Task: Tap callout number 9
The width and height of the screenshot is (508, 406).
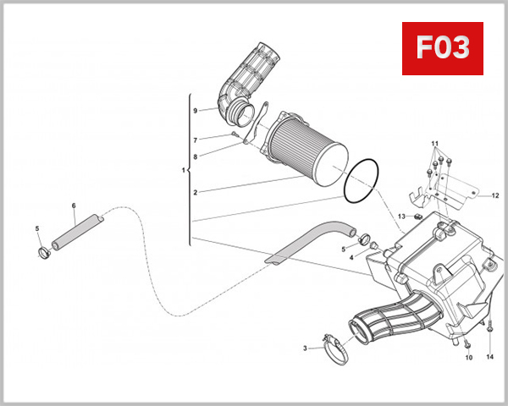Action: tap(195, 111)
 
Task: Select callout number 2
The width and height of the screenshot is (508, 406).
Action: tap(195, 193)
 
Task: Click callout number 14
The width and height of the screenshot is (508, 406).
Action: tap(489, 358)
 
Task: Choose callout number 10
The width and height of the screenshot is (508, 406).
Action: tap(468, 358)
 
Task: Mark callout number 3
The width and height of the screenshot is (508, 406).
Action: tap(306, 348)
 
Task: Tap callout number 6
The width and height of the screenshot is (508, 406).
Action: tap(74, 206)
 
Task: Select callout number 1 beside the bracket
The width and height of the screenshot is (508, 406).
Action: tap(184, 172)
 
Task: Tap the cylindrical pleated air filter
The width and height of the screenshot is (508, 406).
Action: tap(310, 153)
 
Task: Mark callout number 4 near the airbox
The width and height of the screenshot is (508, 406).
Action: tap(352, 258)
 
